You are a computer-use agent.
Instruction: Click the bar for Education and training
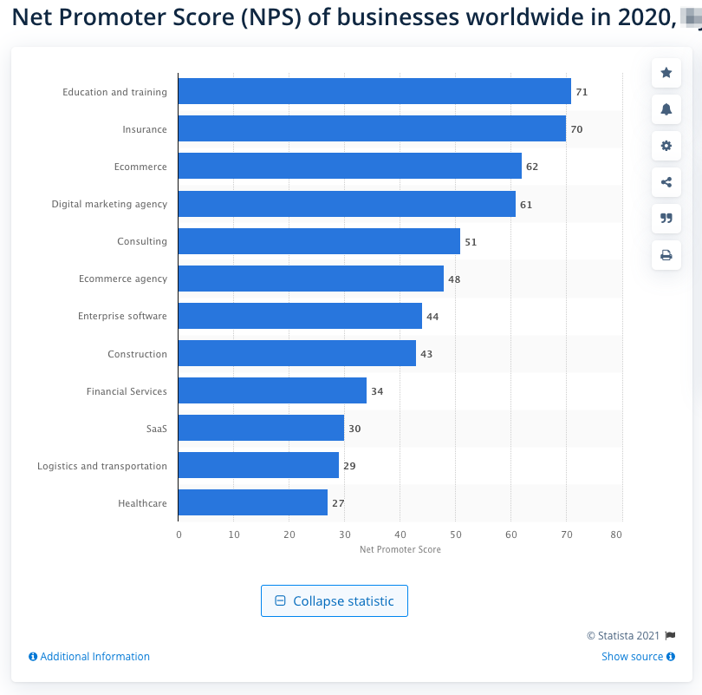click(374, 91)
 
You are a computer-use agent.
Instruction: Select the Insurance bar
click(372, 129)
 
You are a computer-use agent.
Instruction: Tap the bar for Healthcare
click(253, 502)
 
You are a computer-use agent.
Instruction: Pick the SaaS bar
click(261, 428)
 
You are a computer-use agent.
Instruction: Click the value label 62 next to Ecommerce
click(532, 167)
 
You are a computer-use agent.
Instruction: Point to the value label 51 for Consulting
click(471, 242)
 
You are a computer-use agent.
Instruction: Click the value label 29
click(349, 466)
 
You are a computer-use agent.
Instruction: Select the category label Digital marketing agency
click(109, 204)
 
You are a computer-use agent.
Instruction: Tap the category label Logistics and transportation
click(102, 466)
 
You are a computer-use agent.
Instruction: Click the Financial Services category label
click(127, 391)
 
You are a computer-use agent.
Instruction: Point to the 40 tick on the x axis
click(400, 534)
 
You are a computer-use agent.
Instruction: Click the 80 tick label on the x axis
click(616, 534)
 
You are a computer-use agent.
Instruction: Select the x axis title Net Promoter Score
click(400, 549)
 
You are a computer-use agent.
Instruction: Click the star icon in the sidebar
click(666, 73)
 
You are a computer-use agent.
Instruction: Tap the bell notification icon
click(666, 109)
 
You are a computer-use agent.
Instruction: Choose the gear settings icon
click(666, 146)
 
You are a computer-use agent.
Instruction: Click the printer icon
click(666, 255)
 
